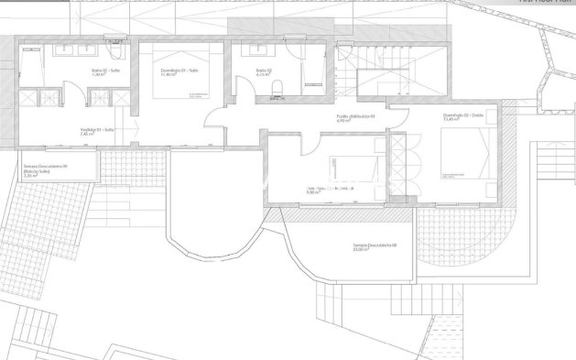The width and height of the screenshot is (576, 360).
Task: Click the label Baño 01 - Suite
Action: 102,71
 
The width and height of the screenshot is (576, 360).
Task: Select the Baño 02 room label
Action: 261,71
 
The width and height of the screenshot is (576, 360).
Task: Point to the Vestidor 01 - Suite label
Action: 96,129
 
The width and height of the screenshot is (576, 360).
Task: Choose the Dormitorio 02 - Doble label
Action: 462,116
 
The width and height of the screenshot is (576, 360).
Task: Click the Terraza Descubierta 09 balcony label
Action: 46,167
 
